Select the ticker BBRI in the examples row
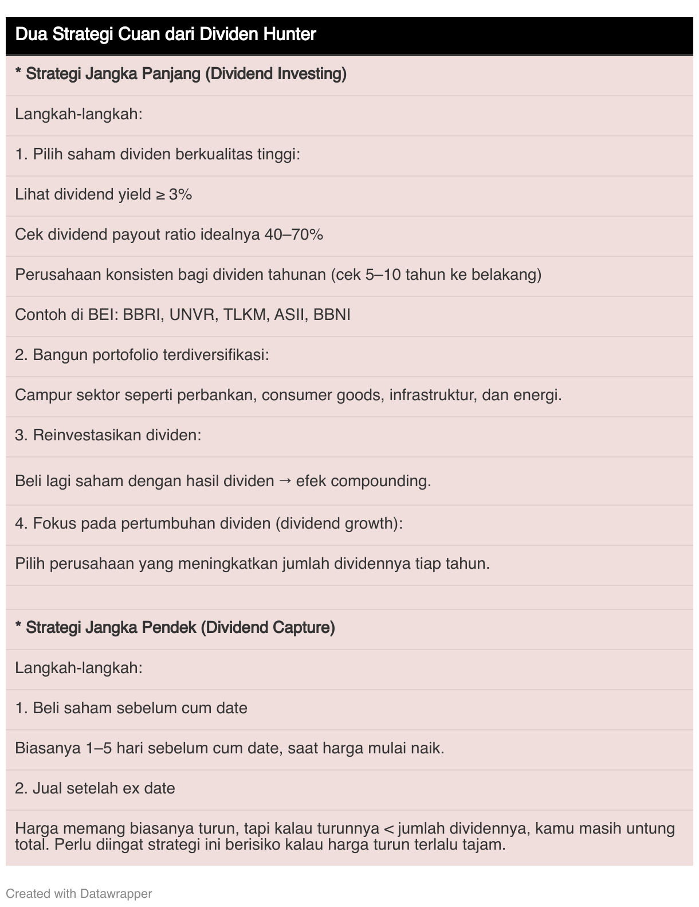click(x=142, y=315)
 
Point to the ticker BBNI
click(x=332, y=315)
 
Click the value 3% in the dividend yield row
click(x=180, y=194)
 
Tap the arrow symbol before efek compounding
click(x=285, y=481)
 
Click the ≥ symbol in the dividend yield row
click(x=162, y=195)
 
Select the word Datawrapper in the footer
click(x=116, y=893)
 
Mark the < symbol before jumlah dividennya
click(x=388, y=829)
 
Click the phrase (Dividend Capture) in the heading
click(x=268, y=628)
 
